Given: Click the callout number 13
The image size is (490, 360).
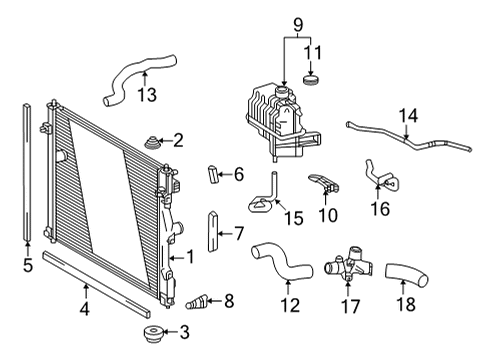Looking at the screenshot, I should pos(147,95).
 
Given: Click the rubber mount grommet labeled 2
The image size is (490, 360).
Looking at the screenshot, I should pos(154,143).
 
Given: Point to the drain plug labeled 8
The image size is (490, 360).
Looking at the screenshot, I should pos(200,299).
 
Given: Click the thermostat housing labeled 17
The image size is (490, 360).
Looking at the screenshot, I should pos(343,269).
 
